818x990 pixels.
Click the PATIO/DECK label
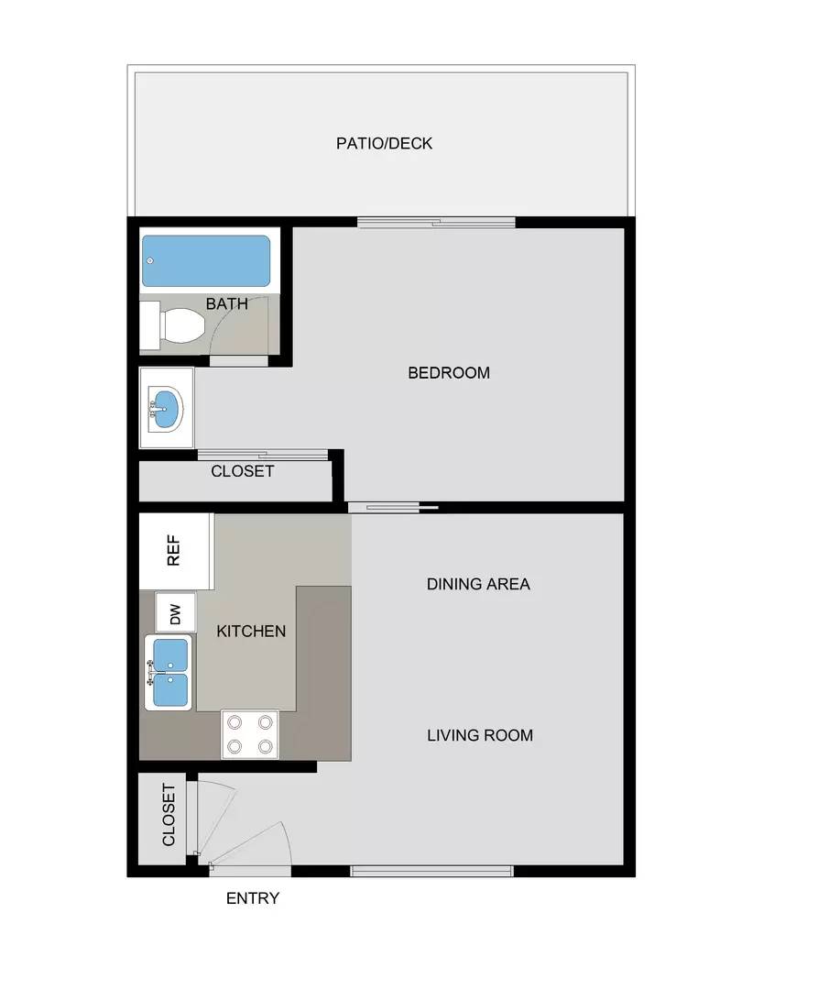(x=384, y=144)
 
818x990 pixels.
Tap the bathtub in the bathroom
(x=207, y=261)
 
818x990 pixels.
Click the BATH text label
(x=226, y=303)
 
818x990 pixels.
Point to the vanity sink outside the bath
(x=166, y=408)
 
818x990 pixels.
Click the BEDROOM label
(x=448, y=373)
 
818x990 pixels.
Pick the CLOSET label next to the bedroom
(x=242, y=471)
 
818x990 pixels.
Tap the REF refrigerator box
(x=174, y=551)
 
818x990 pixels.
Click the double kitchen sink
(x=169, y=673)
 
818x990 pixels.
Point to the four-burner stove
(x=250, y=734)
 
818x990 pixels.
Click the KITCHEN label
(x=251, y=631)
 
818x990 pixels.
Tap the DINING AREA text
(x=478, y=584)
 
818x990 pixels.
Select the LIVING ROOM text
(x=479, y=735)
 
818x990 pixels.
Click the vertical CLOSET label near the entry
(x=169, y=815)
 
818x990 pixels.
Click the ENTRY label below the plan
(x=253, y=898)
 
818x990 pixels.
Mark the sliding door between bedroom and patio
(x=436, y=222)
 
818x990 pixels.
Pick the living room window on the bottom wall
(x=431, y=871)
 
